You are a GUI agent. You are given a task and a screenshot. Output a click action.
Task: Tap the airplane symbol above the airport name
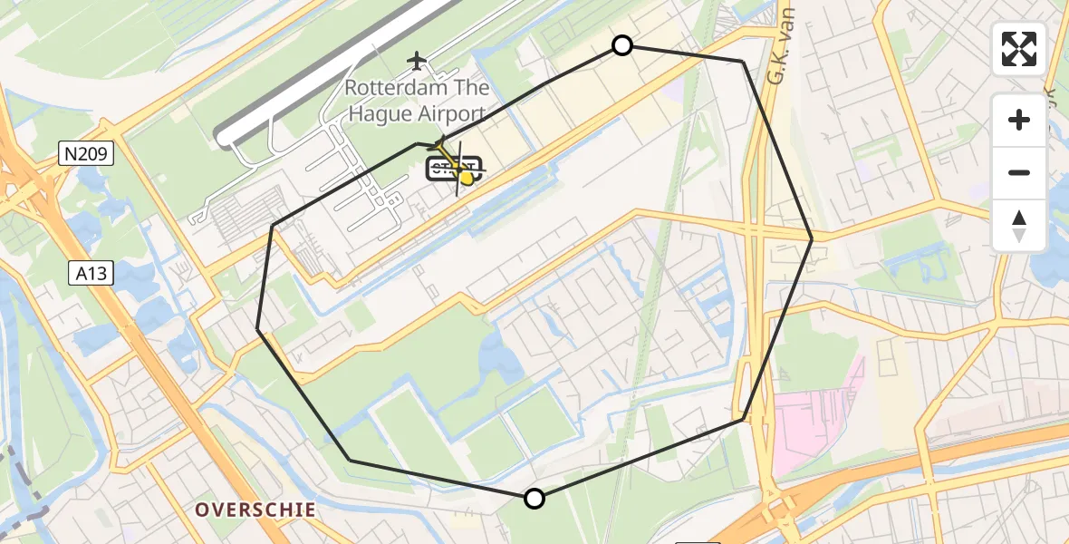[x=417, y=61]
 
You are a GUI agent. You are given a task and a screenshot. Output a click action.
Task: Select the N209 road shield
[x=87, y=155]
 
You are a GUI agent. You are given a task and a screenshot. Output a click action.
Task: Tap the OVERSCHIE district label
[x=255, y=510]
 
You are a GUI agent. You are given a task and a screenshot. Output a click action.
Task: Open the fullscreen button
[x=1019, y=49]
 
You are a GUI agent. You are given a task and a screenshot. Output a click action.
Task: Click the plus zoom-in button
[x=1019, y=120]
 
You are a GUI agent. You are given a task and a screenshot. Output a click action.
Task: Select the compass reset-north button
[x=1019, y=225]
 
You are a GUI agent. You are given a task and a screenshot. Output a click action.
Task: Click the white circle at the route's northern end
[x=622, y=45]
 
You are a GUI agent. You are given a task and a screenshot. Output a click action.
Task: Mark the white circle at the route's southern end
[x=534, y=498]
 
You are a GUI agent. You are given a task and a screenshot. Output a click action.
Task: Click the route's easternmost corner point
[x=812, y=238]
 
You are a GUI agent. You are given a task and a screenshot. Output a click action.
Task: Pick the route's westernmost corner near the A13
[x=258, y=329]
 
